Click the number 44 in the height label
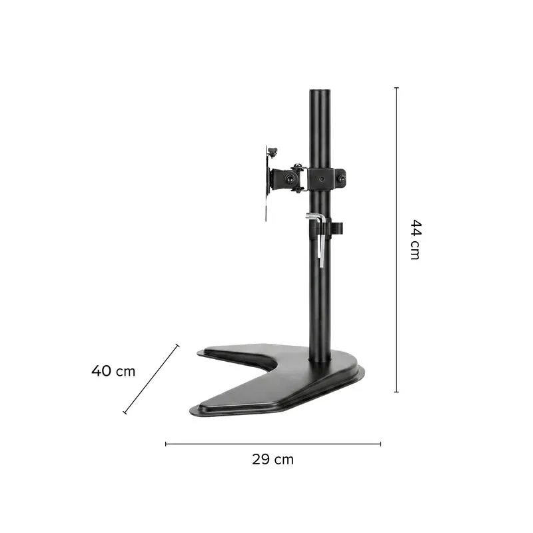416,228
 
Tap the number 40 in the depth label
101,370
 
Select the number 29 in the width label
261,459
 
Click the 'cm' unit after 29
284,460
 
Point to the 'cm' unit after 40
125,372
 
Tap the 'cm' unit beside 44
415,251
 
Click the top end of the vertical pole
320,91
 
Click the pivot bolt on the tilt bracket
290,178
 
